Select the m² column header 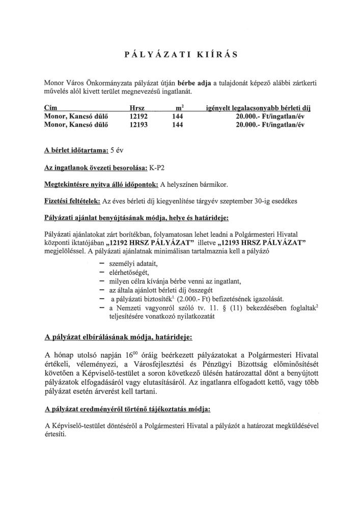(179, 108)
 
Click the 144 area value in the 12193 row (178, 125)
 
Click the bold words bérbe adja (193, 82)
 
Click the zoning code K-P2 (157, 168)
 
